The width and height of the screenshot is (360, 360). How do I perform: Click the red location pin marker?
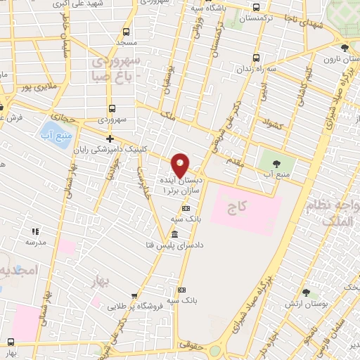[x=181, y=166]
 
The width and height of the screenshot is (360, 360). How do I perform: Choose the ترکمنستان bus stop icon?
[x=255, y=9]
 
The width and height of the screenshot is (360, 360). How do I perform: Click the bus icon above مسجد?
[x=125, y=32]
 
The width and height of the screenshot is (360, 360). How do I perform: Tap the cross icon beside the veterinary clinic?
[x=109, y=139]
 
